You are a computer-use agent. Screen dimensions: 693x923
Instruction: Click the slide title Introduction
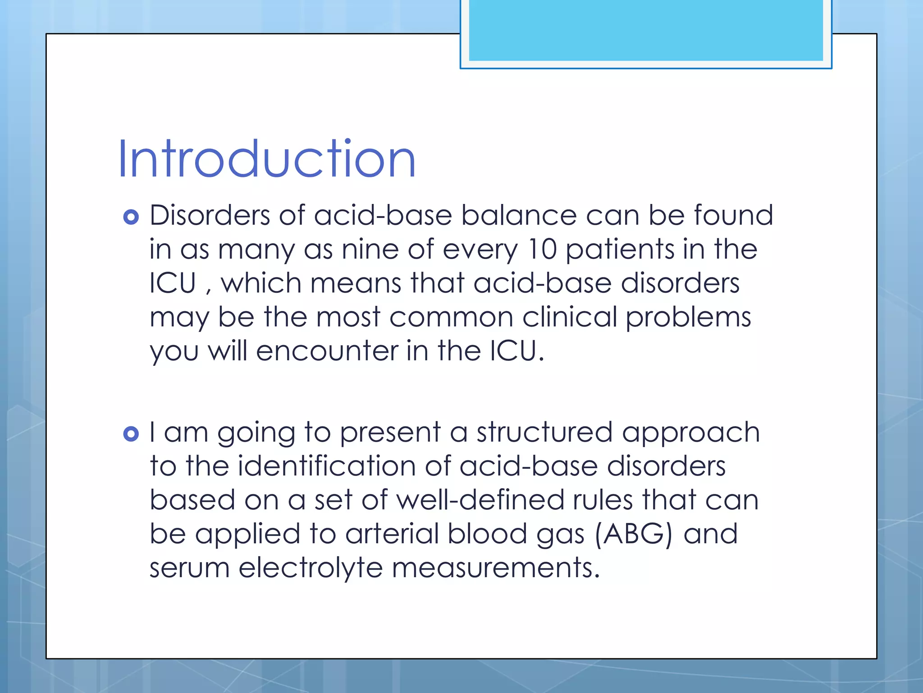(267, 159)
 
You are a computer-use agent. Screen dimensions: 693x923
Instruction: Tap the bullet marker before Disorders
(131, 217)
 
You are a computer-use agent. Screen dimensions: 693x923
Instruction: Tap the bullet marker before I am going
(131, 434)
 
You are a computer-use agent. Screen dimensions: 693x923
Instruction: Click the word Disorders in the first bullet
(209, 215)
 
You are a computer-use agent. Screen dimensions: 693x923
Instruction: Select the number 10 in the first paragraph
(542, 249)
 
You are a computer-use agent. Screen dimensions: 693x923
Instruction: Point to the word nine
(370, 249)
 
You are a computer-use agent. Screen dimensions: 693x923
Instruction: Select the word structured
(544, 432)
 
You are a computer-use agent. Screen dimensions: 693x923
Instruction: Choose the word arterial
(392, 534)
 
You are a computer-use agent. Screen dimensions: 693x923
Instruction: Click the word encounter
(327, 351)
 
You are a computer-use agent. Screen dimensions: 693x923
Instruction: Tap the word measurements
(496, 568)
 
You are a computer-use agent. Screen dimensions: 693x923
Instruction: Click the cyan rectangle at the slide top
(645, 30)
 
